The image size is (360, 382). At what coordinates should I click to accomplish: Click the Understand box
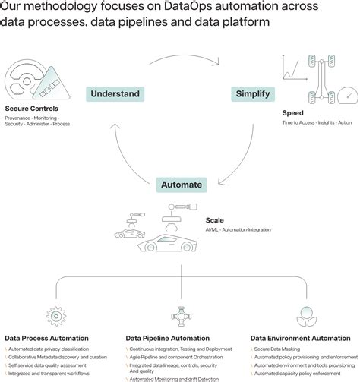(115, 94)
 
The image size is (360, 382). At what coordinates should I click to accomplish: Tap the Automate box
(182, 185)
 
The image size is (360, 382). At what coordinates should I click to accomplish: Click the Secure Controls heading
(31, 109)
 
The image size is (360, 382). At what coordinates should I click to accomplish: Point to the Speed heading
(293, 112)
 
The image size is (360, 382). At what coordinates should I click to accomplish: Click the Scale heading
(214, 220)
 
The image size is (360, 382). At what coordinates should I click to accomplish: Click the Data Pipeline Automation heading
(169, 338)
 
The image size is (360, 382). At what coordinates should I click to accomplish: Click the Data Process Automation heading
(46, 338)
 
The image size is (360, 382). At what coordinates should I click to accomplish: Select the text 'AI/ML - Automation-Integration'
(238, 229)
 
